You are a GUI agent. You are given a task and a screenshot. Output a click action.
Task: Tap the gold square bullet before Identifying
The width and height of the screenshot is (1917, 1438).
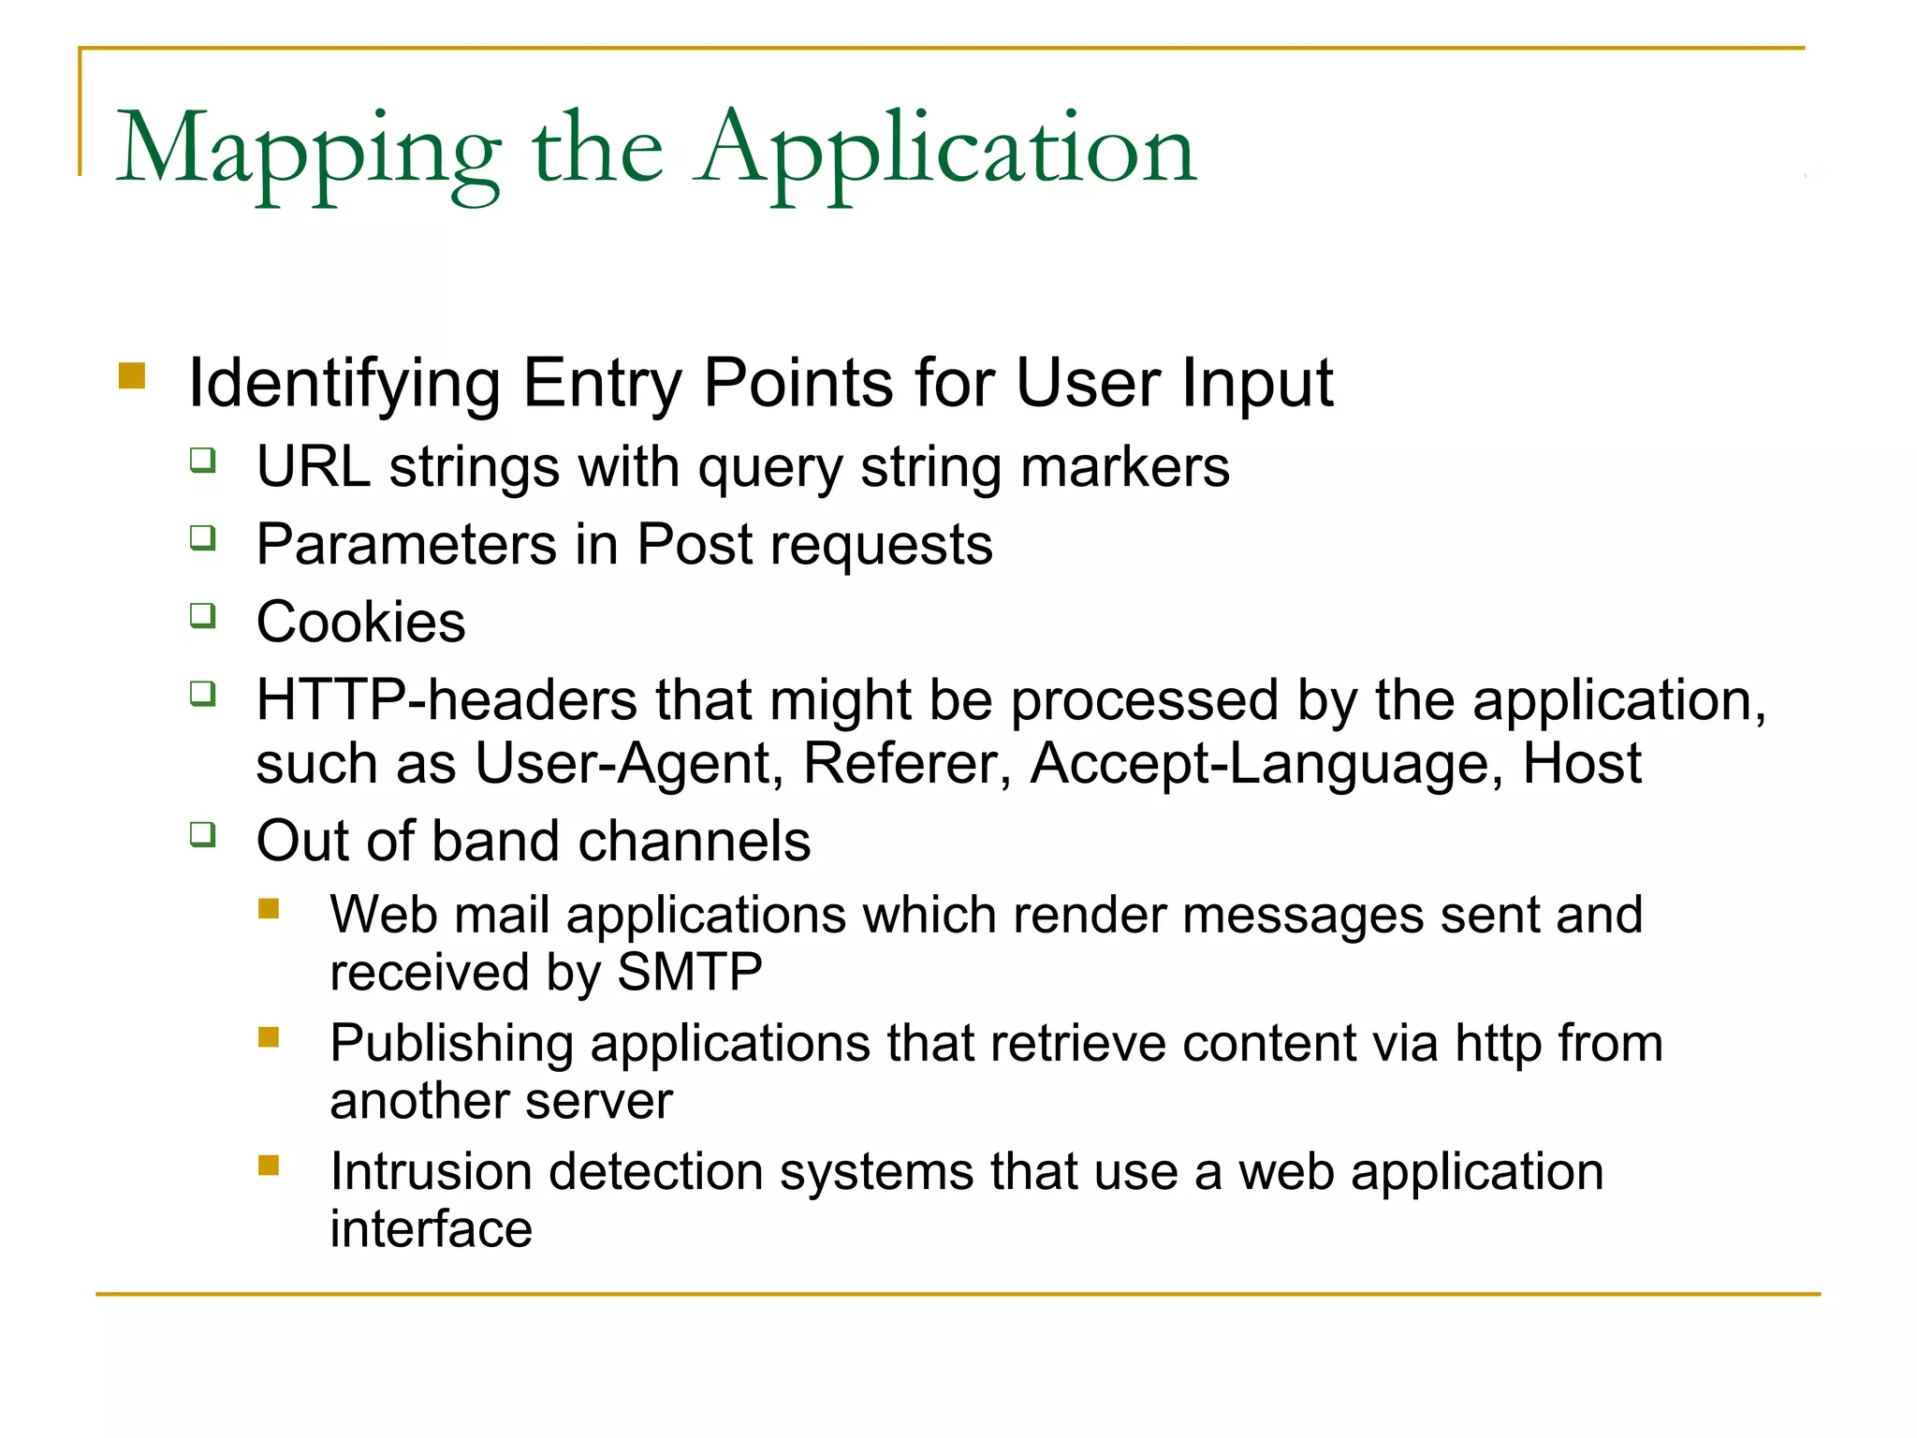[132, 376]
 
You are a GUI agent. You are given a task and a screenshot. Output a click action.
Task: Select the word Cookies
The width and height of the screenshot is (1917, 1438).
[360, 623]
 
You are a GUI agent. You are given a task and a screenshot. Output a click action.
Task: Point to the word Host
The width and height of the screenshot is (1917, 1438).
[1581, 763]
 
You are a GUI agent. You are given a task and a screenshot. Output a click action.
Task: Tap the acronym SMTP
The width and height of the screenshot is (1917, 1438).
[690, 972]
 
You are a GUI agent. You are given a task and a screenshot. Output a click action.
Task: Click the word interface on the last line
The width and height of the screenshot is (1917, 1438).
[431, 1229]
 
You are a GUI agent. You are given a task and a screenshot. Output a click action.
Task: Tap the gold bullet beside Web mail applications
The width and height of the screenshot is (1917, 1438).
[269, 909]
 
